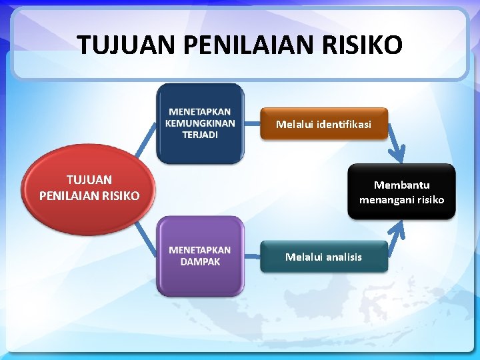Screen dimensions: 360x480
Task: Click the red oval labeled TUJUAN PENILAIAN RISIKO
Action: [x=89, y=189]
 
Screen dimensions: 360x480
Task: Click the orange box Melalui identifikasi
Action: [x=323, y=124]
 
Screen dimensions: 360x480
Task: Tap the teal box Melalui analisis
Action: [x=323, y=257]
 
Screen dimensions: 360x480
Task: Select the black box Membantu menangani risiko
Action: [x=401, y=192]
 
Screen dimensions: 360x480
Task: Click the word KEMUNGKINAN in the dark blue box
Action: [x=200, y=123]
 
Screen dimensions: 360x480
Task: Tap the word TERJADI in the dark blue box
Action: [x=200, y=134]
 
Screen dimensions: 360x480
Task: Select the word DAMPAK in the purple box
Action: [x=200, y=262]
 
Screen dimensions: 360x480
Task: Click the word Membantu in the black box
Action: [x=401, y=185]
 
